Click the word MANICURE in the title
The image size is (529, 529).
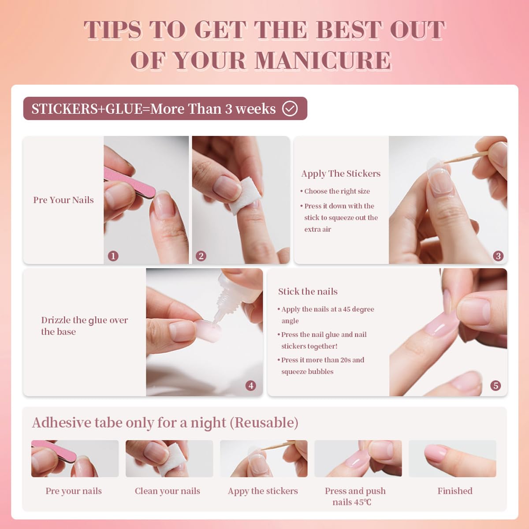(x=323, y=60)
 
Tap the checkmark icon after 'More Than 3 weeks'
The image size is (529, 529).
(x=290, y=108)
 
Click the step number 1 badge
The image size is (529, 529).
(x=113, y=256)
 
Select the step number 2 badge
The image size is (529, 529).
(x=201, y=256)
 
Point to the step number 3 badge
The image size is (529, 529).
(x=498, y=256)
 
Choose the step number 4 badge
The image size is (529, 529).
(x=251, y=385)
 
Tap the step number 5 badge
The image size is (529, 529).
(x=495, y=385)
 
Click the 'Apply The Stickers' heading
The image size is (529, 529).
(x=340, y=173)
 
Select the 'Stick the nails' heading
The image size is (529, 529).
(x=308, y=291)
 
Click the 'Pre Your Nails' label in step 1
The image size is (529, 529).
(x=63, y=200)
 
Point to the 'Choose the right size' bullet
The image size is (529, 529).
(x=337, y=191)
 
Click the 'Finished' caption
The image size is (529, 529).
(x=454, y=491)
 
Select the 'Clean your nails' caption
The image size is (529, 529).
(x=167, y=491)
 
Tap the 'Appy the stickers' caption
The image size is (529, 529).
(x=263, y=491)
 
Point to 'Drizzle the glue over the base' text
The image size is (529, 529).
(x=84, y=326)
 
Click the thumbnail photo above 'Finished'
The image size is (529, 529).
(x=452, y=458)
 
